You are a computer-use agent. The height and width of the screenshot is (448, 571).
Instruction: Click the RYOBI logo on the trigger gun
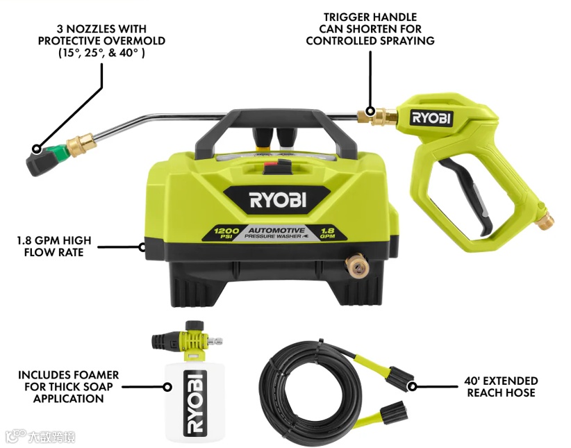click(x=431, y=117)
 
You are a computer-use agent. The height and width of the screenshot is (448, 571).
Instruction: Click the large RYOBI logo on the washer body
click(x=277, y=201)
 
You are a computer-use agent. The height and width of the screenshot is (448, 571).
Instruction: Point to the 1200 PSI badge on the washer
click(x=226, y=233)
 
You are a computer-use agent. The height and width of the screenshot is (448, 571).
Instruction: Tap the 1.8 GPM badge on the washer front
click(x=327, y=233)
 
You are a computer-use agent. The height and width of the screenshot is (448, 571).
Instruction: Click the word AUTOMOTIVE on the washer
click(x=276, y=230)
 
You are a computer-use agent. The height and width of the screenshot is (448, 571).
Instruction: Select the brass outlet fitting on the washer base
click(x=357, y=265)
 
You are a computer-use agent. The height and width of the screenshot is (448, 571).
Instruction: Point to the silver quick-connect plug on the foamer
click(x=215, y=341)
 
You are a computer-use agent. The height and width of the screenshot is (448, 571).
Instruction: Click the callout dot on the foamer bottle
click(x=167, y=387)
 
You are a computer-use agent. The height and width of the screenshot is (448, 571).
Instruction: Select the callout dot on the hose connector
click(x=412, y=386)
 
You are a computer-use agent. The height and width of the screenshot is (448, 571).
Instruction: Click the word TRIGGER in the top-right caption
click(x=345, y=17)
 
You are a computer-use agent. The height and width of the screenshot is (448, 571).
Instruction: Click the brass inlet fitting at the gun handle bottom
click(x=545, y=221)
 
